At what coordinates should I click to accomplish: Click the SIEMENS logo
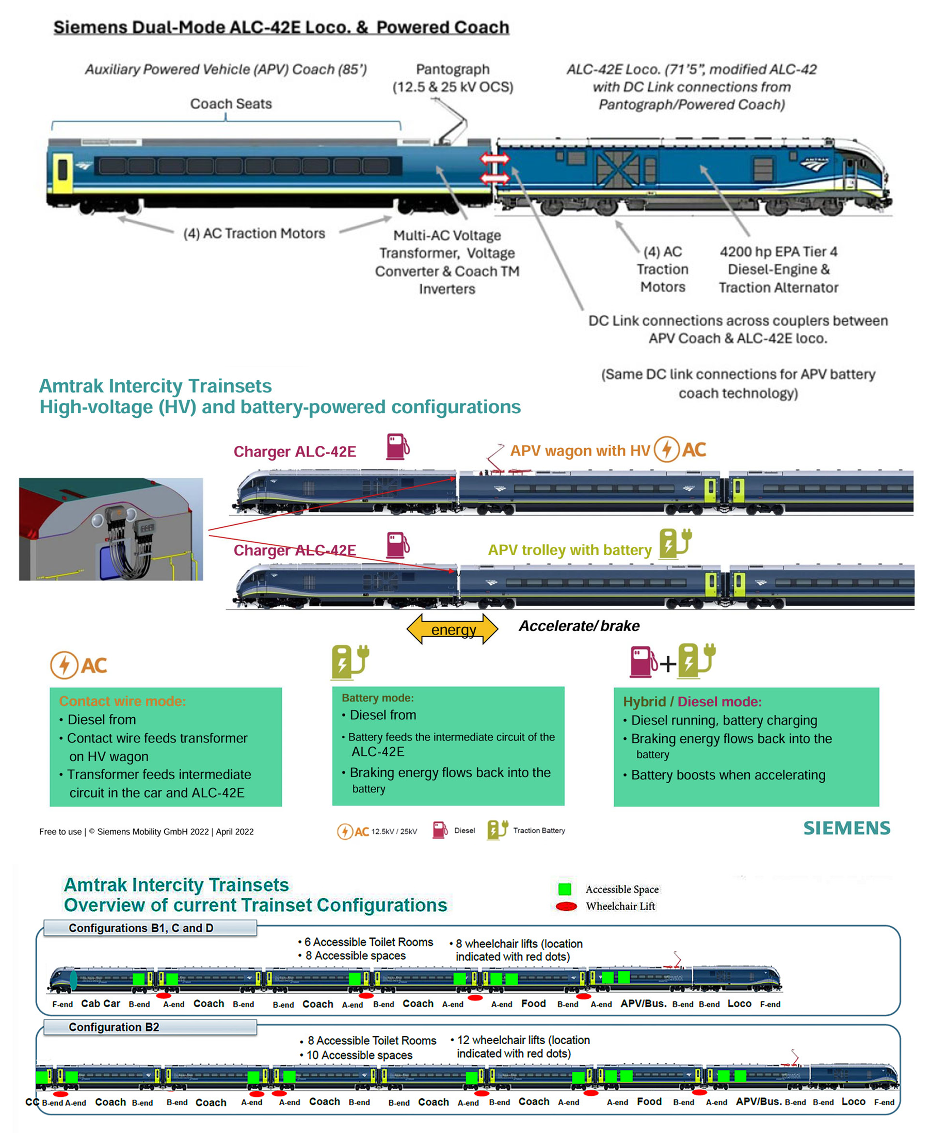pos(846,828)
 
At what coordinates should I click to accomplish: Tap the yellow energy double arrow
pos(453,629)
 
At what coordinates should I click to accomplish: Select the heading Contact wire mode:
pos(122,701)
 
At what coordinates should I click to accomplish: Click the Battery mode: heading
pos(378,698)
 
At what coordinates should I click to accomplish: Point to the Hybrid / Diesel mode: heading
pos(692,702)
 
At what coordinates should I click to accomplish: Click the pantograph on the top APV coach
pos(453,123)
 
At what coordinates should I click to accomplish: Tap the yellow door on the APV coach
pos(62,172)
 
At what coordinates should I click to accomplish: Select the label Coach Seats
pos(231,104)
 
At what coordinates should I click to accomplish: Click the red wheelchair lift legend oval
pos(566,906)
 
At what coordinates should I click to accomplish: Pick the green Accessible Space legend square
pos(565,889)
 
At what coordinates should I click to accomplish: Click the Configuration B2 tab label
pos(114,1027)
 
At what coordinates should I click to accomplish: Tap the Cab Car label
pos(101,1003)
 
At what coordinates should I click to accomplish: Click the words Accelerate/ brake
pos(579,626)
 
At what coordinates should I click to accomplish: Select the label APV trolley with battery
pos(569,550)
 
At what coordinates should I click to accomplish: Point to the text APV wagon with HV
pos(580,451)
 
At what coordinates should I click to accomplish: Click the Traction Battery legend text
pos(539,831)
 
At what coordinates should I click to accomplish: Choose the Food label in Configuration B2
pos(649,1101)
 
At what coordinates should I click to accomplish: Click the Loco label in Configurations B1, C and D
pos(739,1003)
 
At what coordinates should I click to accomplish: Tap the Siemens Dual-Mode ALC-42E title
pos(281,27)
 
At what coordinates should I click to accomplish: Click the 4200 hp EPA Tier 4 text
pos(778,251)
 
